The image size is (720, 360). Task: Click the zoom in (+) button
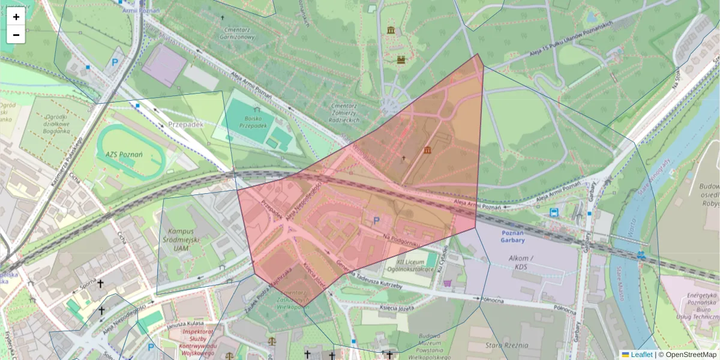click(16, 17)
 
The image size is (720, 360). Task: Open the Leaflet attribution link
click(641, 355)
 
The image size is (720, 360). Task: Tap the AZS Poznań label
click(124, 154)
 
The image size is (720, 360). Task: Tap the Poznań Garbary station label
click(512, 236)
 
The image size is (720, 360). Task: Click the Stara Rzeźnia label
click(508, 345)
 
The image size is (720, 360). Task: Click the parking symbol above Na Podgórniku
click(377, 221)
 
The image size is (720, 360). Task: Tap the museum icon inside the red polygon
click(427, 150)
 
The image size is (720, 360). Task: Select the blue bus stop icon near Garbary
click(554, 212)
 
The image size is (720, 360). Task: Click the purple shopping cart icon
click(446, 283)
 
